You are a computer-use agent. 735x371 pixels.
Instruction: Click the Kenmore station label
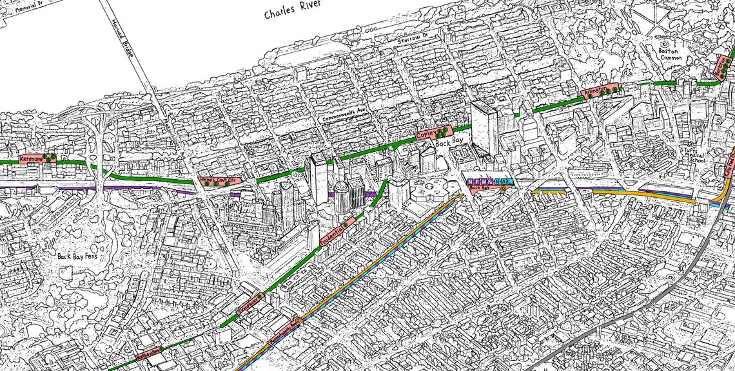[x=31, y=158]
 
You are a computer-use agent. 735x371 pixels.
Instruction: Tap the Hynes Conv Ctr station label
[x=215, y=181]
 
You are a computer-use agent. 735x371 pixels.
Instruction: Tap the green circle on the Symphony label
[x=260, y=295]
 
